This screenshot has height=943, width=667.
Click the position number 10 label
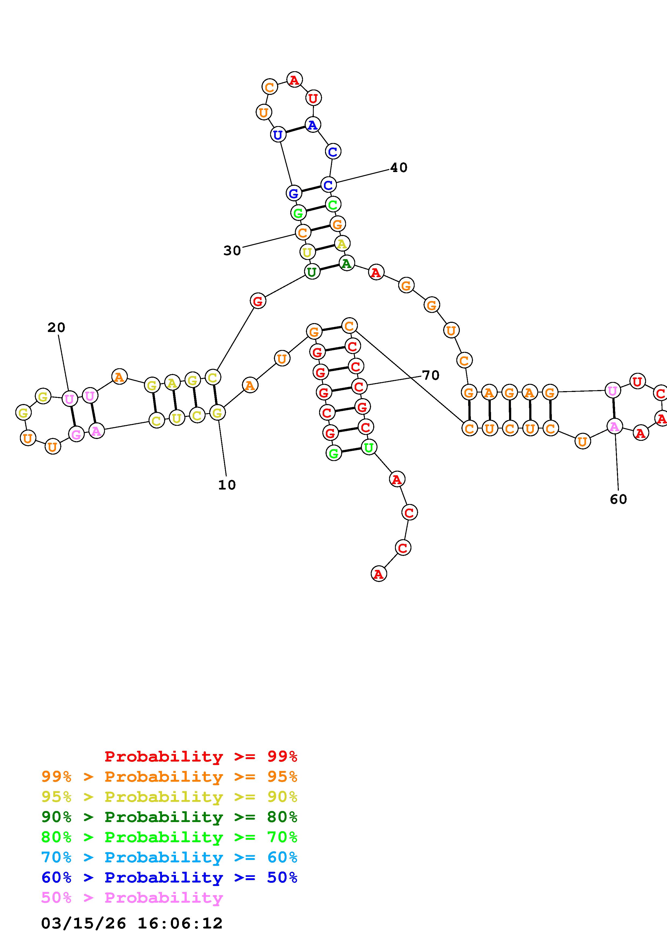tap(227, 485)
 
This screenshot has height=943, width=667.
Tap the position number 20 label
tap(56, 328)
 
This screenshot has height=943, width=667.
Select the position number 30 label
tap(232, 251)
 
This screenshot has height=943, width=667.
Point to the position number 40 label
tap(399, 167)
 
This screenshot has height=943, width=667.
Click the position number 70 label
tap(431, 375)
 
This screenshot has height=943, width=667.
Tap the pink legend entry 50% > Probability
tap(132, 898)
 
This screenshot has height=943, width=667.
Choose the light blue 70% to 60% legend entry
tap(169, 858)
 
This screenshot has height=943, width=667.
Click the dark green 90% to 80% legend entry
tap(169, 817)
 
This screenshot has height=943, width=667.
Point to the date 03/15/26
tap(83, 923)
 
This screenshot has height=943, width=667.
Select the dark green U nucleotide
tap(312, 272)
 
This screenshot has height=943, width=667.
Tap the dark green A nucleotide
tap(347, 263)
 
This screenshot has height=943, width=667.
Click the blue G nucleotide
tap(294, 193)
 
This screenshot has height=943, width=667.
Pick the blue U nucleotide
tap(278, 134)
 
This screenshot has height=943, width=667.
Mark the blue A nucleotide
tap(313, 125)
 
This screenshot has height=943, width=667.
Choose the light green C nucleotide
tap(333, 204)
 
